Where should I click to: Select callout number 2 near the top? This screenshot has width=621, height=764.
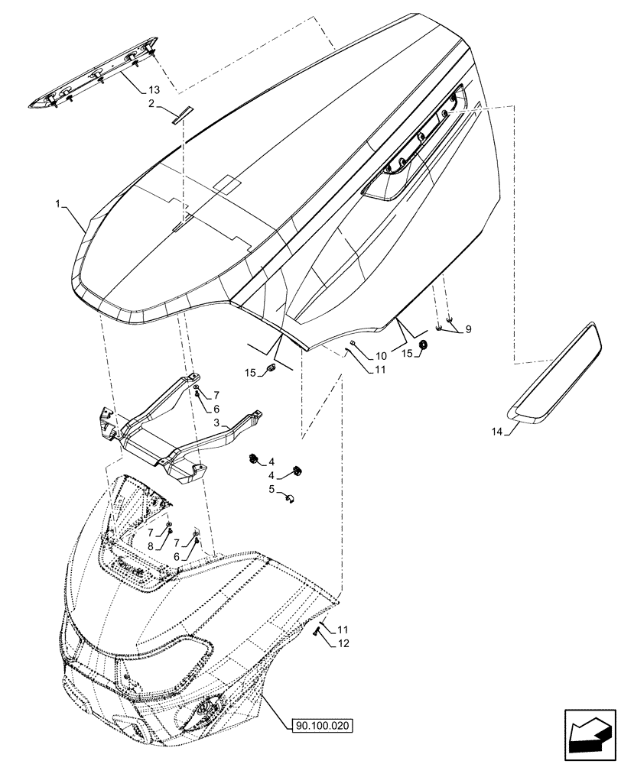pos(151,102)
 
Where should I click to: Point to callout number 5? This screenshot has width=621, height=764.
pos(271,488)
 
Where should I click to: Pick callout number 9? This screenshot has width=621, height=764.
pos(468,329)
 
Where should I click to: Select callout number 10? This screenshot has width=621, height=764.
pos(380,356)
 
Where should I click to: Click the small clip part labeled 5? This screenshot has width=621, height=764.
pos(290,499)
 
